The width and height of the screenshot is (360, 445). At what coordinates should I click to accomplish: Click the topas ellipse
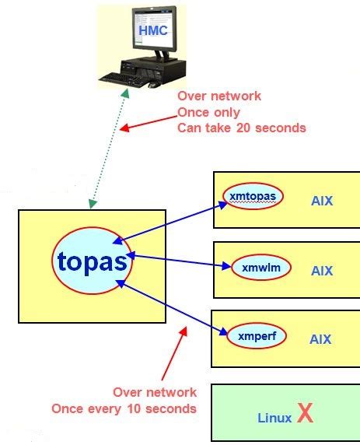pos(93,261)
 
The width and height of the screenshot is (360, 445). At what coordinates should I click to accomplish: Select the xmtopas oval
pos(252,196)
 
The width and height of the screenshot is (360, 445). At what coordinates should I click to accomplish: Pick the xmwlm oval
pos(260,268)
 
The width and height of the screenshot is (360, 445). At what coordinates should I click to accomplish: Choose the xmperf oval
pos(257,336)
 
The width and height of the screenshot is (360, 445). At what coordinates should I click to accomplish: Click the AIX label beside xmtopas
pos(320,201)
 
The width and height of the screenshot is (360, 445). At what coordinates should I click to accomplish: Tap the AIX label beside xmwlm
pos(321,271)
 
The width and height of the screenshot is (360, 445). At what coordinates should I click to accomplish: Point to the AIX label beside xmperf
pos(320,339)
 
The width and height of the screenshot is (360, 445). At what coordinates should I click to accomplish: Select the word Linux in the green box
pos(274,418)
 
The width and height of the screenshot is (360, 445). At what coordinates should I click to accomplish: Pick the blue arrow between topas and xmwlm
pos(182,260)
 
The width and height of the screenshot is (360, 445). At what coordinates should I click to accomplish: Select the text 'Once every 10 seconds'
pos(124,408)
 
